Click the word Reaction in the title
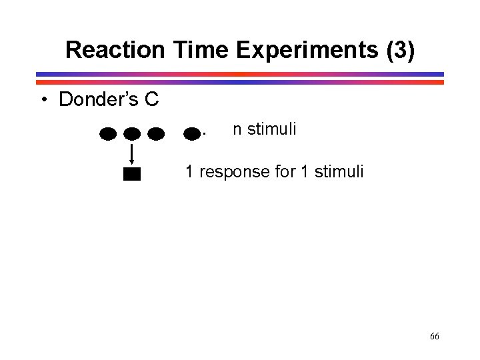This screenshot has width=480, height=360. point(115,50)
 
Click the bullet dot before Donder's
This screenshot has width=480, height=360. point(43,100)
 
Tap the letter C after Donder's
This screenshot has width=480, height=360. point(151,100)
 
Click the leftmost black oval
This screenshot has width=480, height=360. point(109,134)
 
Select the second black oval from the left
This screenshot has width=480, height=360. point(132,134)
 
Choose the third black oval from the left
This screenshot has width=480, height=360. point(155,134)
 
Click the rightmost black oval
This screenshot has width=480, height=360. point(192,134)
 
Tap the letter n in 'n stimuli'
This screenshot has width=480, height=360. point(237,129)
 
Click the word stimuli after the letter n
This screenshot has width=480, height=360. point(271,129)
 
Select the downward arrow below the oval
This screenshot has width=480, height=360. point(132,153)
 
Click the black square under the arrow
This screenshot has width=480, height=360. point(132,175)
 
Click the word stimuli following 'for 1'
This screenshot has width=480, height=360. point(339,171)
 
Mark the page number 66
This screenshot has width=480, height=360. point(434,337)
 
